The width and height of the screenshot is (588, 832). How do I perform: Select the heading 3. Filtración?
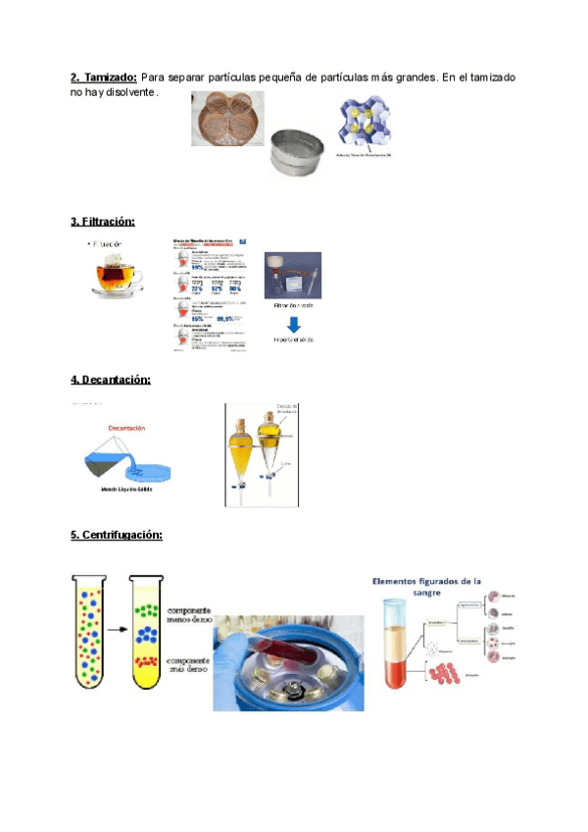pyautogui.click(x=103, y=222)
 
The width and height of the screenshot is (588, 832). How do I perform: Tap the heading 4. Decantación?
pyautogui.click(x=110, y=379)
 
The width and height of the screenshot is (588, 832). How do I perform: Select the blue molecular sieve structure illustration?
pyautogui.click(x=365, y=126)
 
